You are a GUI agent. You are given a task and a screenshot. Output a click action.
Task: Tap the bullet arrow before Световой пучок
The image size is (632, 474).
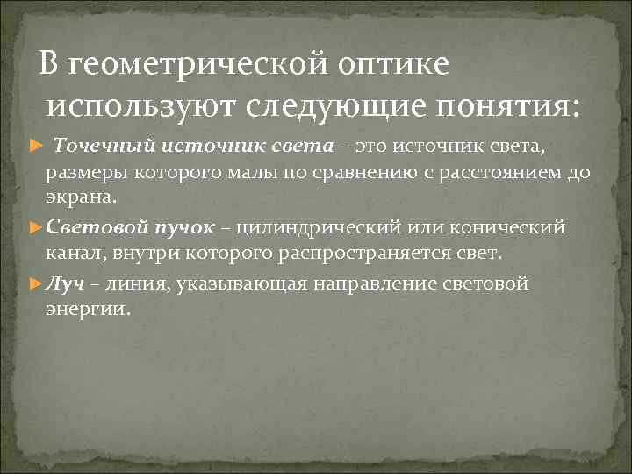[36, 228]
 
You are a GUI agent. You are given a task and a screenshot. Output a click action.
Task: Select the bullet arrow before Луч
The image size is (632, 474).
[36, 284]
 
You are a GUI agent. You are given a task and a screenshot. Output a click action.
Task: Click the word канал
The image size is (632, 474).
[74, 256]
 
